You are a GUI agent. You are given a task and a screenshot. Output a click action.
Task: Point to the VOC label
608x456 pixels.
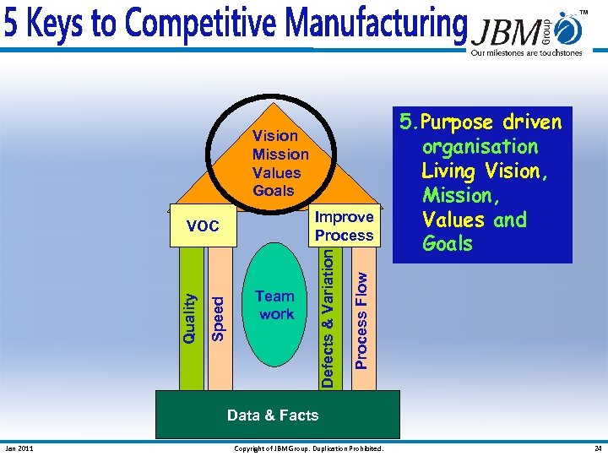(x=203, y=226)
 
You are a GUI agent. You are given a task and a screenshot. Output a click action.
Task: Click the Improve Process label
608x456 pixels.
(x=344, y=226)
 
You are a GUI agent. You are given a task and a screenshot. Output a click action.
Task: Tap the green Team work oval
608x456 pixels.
(x=275, y=305)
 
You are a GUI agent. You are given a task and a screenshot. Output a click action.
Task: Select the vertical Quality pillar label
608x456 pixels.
(x=191, y=318)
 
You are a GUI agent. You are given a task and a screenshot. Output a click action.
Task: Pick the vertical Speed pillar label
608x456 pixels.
(x=218, y=318)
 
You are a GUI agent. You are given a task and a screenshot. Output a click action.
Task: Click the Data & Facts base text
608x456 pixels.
(x=273, y=415)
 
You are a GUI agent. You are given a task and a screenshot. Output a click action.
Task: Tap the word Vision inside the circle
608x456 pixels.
(x=275, y=135)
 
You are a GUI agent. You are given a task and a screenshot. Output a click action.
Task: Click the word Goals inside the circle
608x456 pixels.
(x=274, y=191)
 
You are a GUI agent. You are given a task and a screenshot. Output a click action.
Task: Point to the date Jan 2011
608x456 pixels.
(x=19, y=448)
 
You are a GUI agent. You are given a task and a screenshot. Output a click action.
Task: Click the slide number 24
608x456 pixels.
(x=597, y=448)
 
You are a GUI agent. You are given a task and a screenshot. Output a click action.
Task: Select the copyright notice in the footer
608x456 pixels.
(x=308, y=448)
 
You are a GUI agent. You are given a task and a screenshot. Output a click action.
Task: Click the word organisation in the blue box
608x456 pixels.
(x=480, y=147)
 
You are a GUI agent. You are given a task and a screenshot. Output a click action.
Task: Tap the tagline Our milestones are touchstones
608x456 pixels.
(x=526, y=52)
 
